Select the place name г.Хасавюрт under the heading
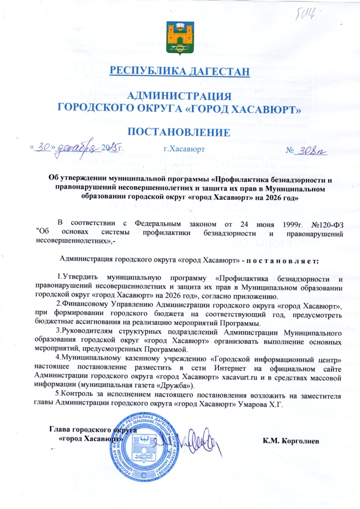pos(184,149)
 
